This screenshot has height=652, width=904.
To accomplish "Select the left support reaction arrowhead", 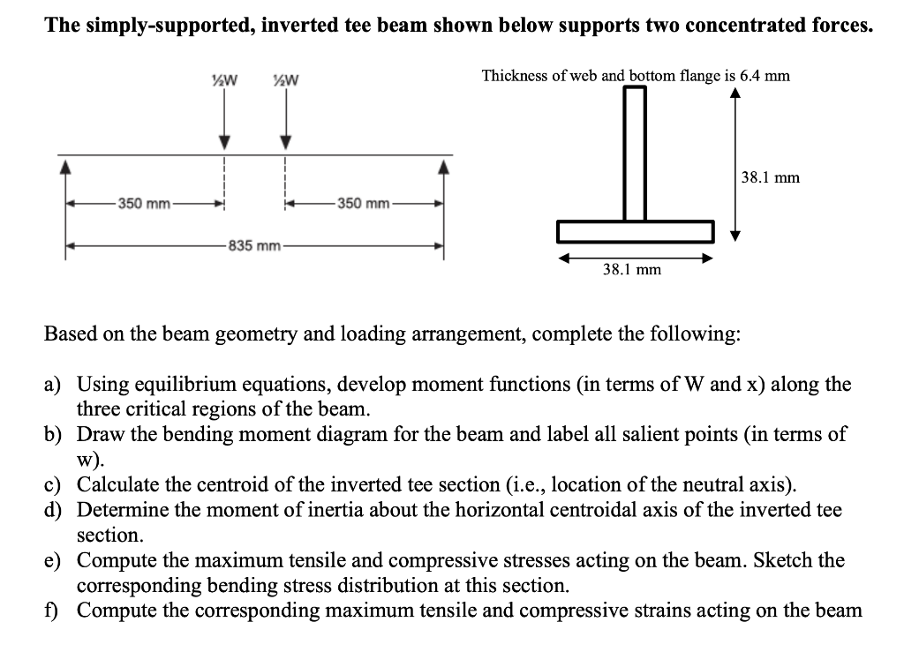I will click(65, 165).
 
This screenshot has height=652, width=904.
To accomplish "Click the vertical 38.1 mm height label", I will click(770, 177).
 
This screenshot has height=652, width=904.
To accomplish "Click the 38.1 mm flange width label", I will click(631, 269).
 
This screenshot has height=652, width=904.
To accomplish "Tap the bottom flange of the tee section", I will click(635, 231).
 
